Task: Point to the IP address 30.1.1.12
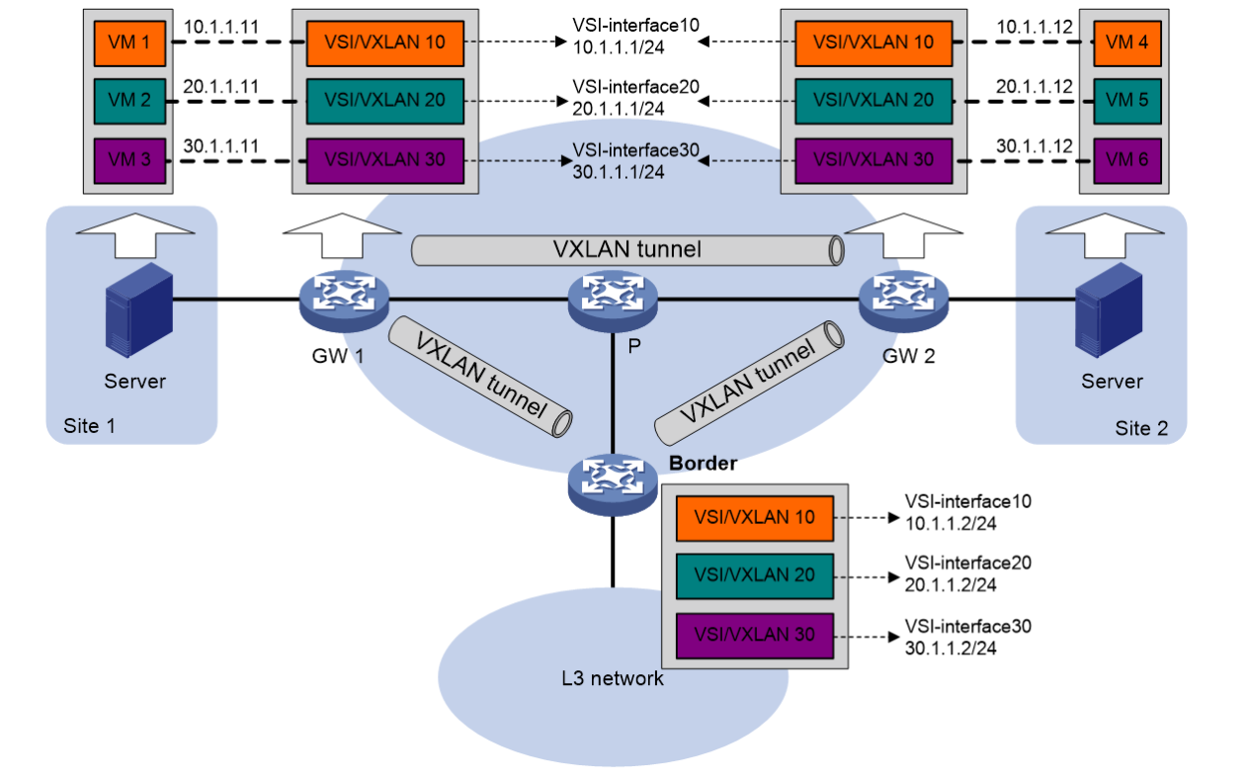click(1034, 144)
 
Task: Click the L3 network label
click(612, 678)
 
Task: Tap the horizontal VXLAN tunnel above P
click(626, 250)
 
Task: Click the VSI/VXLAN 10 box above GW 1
click(384, 43)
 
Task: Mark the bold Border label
click(704, 462)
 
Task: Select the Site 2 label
click(1147, 428)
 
